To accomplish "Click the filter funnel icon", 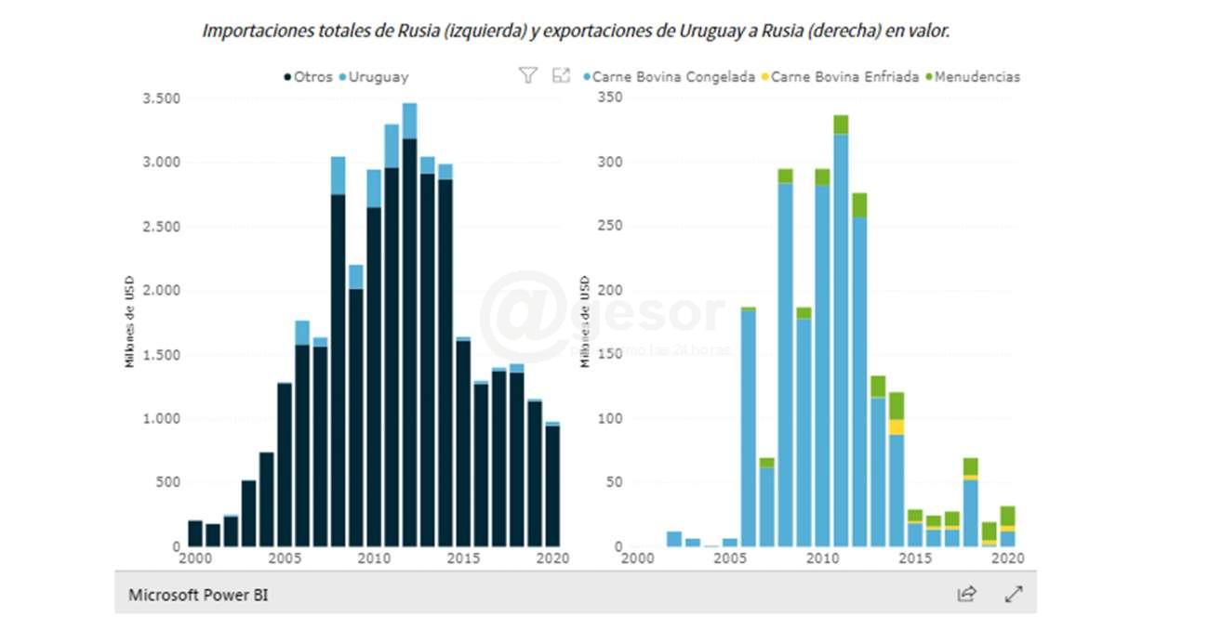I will [x=527, y=76].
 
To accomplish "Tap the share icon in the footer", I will [x=967, y=594].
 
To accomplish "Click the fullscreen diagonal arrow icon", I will [x=1014, y=594].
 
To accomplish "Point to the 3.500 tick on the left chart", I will [x=160, y=98].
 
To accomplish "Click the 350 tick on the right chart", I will [x=608, y=98].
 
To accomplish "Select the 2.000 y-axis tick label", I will [x=160, y=291].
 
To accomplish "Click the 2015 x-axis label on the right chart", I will [x=915, y=558].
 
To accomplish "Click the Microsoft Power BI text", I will [x=198, y=595].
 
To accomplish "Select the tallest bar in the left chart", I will [x=409, y=325].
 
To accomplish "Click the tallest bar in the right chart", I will [x=841, y=335].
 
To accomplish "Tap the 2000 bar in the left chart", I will [x=195, y=533].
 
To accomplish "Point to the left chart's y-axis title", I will [x=130, y=321].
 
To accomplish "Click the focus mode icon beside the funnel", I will [x=561, y=76].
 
